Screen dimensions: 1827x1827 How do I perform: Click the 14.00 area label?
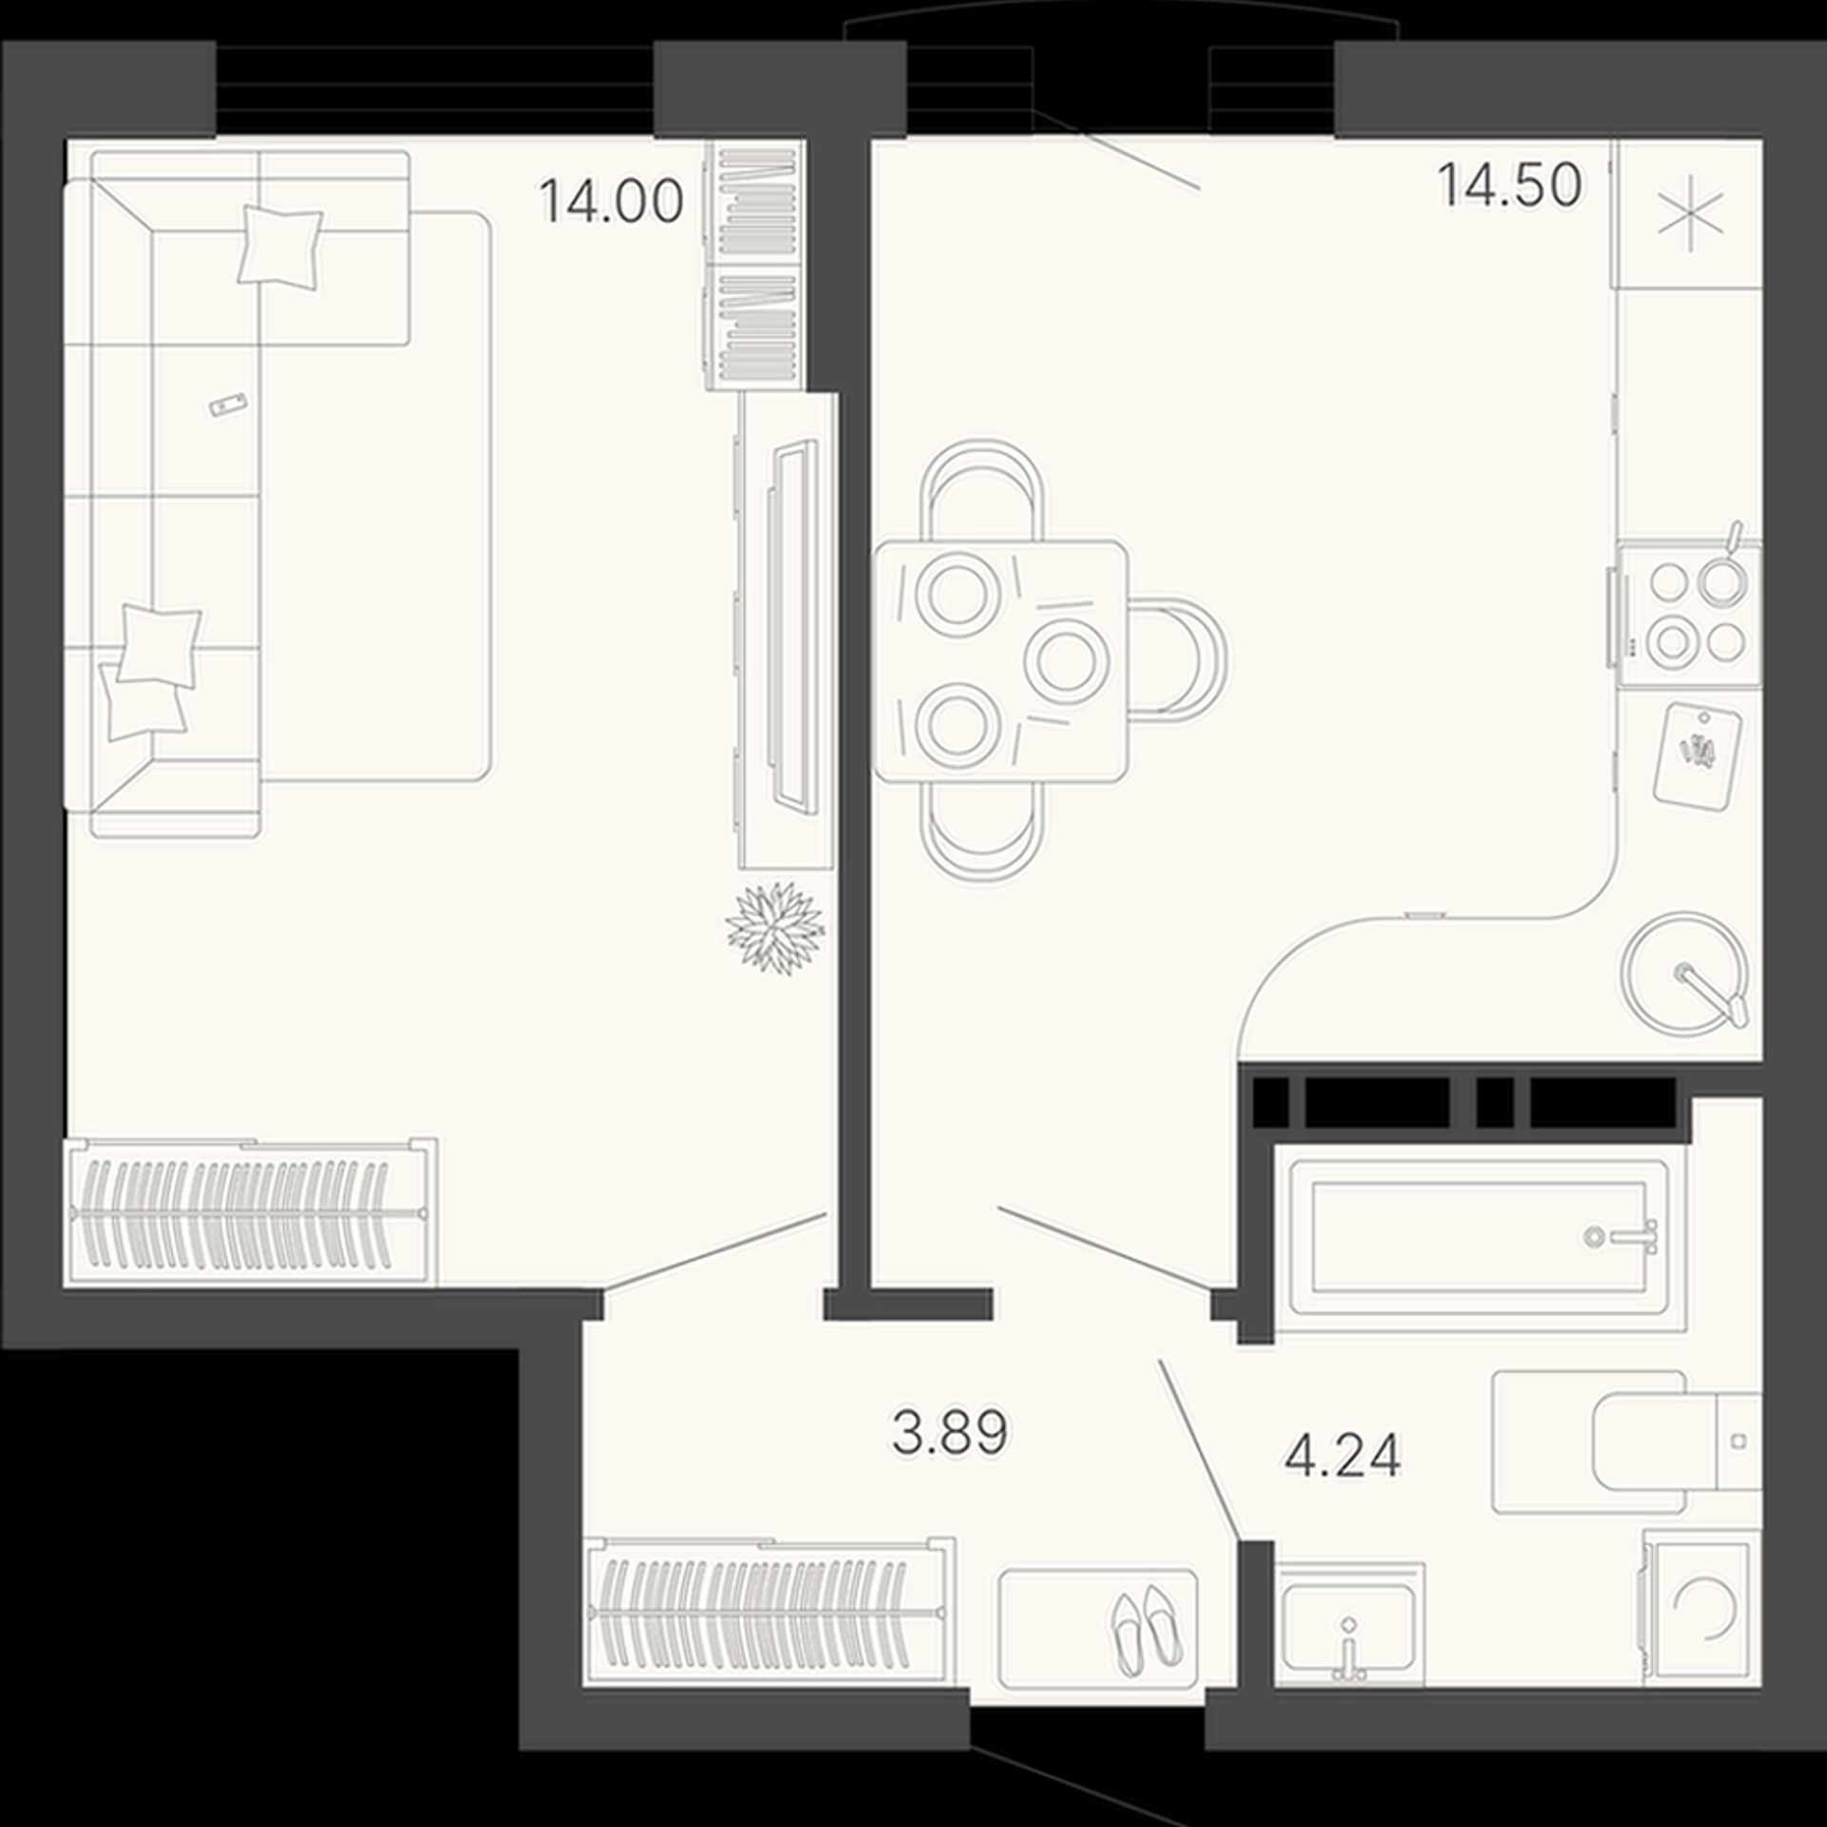pos(611,202)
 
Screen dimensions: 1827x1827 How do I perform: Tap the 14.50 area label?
pos(1509,185)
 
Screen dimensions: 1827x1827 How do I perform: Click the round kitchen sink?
pos(1685,972)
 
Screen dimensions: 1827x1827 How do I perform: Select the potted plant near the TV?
pos(775,927)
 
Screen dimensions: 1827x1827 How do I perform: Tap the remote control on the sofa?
pos(227,404)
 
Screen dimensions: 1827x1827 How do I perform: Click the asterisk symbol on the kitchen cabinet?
pos(1690,214)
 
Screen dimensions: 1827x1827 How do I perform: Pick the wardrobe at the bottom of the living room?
pos(251,1211)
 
